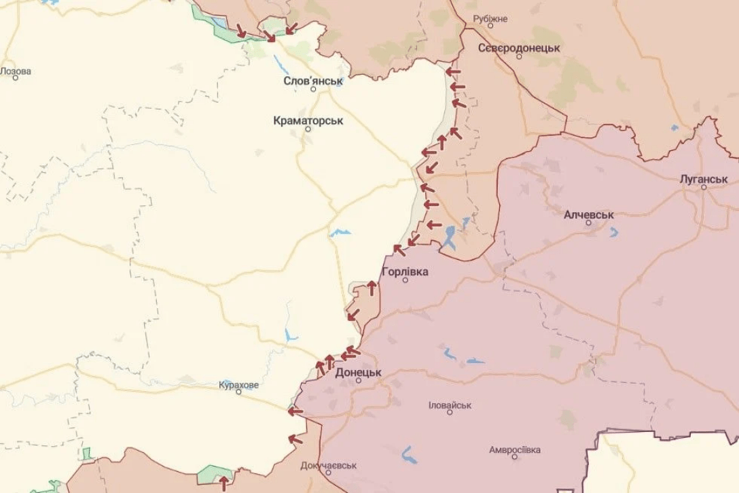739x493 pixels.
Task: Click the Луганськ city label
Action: [x=704, y=180]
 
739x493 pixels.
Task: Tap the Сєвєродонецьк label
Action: [x=519, y=48]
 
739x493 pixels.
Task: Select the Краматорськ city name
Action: [x=308, y=120]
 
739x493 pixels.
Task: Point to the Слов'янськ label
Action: [x=313, y=81]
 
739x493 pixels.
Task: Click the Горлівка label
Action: [x=405, y=271]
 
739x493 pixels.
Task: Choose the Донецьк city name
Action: [x=358, y=373]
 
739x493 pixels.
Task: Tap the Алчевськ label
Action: [x=588, y=214]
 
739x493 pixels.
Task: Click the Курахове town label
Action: [x=238, y=385]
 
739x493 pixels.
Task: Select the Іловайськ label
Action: [x=450, y=405]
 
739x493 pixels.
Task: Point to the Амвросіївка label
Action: [x=515, y=450]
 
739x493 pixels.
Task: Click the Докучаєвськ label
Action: [x=328, y=466]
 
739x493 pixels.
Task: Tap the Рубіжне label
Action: [x=490, y=19]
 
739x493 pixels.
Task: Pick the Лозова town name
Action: [x=16, y=71]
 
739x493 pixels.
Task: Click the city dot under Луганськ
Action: [x=704, y=187]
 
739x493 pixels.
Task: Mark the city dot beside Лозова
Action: [x=16, y=78]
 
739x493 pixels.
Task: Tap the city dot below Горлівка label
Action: [x=405, y=279]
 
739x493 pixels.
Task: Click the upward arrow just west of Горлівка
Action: [x=372, y=287]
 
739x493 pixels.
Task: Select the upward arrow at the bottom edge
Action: [x=223, y=483]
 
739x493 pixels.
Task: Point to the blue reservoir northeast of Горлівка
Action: [x=449, y=238]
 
